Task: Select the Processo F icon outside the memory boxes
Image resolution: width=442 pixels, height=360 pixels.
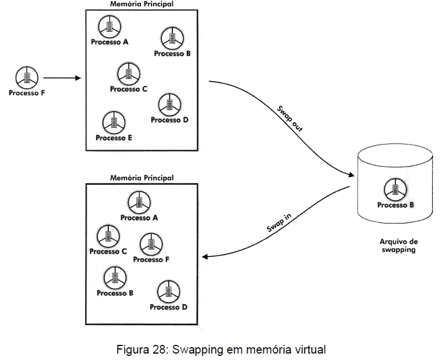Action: point(27,77)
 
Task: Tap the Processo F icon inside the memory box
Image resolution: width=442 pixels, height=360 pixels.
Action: point(151,244)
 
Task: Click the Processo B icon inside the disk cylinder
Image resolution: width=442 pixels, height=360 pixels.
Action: point(396,189)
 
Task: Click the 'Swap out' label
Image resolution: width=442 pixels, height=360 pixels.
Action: point(291,118)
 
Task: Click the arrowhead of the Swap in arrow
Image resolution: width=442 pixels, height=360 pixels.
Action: point(204,256)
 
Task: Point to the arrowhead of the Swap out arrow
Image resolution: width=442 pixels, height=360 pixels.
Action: point(352,175)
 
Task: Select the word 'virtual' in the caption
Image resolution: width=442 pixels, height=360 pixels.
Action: point(311,350)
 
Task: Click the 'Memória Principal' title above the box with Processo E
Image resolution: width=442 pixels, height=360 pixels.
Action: point(142,4)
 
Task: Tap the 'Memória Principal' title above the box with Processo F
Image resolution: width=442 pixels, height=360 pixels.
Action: point(142,178)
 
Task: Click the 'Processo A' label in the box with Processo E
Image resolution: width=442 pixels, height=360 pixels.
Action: point(110,42)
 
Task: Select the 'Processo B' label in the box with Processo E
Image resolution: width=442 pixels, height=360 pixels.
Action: point(172,53)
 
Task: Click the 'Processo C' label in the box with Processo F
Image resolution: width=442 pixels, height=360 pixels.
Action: point(108,251)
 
